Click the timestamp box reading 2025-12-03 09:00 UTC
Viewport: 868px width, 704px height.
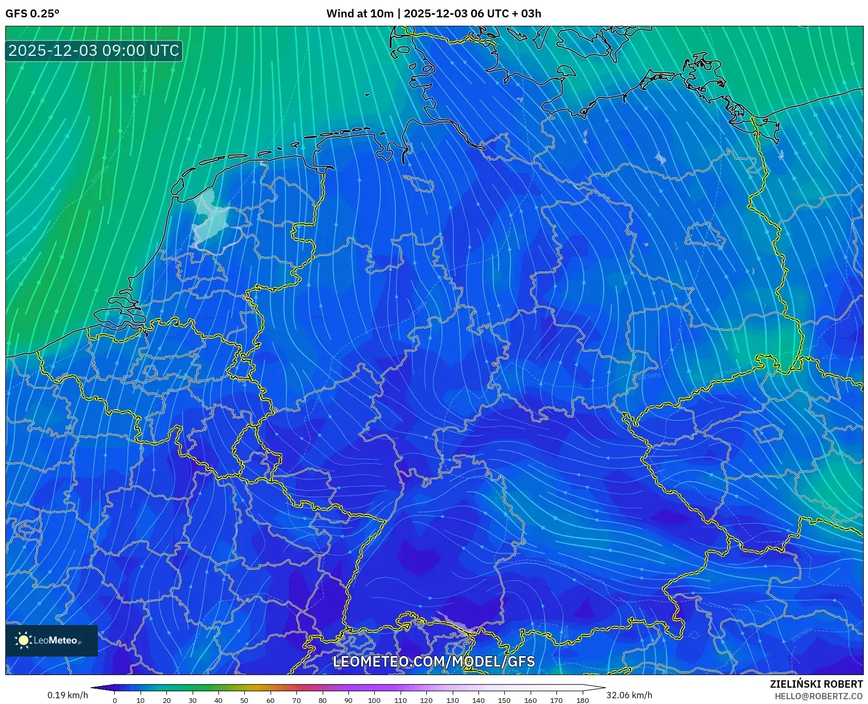pos(94,51)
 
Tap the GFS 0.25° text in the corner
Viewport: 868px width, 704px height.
pos(32,14)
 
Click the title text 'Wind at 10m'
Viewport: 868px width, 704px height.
pos(360,14)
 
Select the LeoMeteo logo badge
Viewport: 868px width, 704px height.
pos(52,640)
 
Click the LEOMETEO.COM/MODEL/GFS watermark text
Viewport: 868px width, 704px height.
pos(434,661)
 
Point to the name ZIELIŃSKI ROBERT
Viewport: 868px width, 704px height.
pos(816,685)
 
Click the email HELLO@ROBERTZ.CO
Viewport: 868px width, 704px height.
pos(819,696)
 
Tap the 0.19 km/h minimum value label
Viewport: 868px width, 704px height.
pos(68,695)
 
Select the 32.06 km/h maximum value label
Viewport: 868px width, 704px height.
pos(629,695)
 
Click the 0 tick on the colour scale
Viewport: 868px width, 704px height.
pos(115,700)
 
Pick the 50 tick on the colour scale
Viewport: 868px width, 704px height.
pos(244,700)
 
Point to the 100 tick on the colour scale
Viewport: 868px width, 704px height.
pos(374,700)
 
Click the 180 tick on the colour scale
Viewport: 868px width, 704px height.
pos(582,700)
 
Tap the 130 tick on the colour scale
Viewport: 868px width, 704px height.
pos(452,700)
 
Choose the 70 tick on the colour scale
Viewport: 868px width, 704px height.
pos(296,700)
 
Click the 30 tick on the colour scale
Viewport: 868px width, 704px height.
pos(193,700)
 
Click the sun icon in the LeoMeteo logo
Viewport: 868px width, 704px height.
pos(23,640)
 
